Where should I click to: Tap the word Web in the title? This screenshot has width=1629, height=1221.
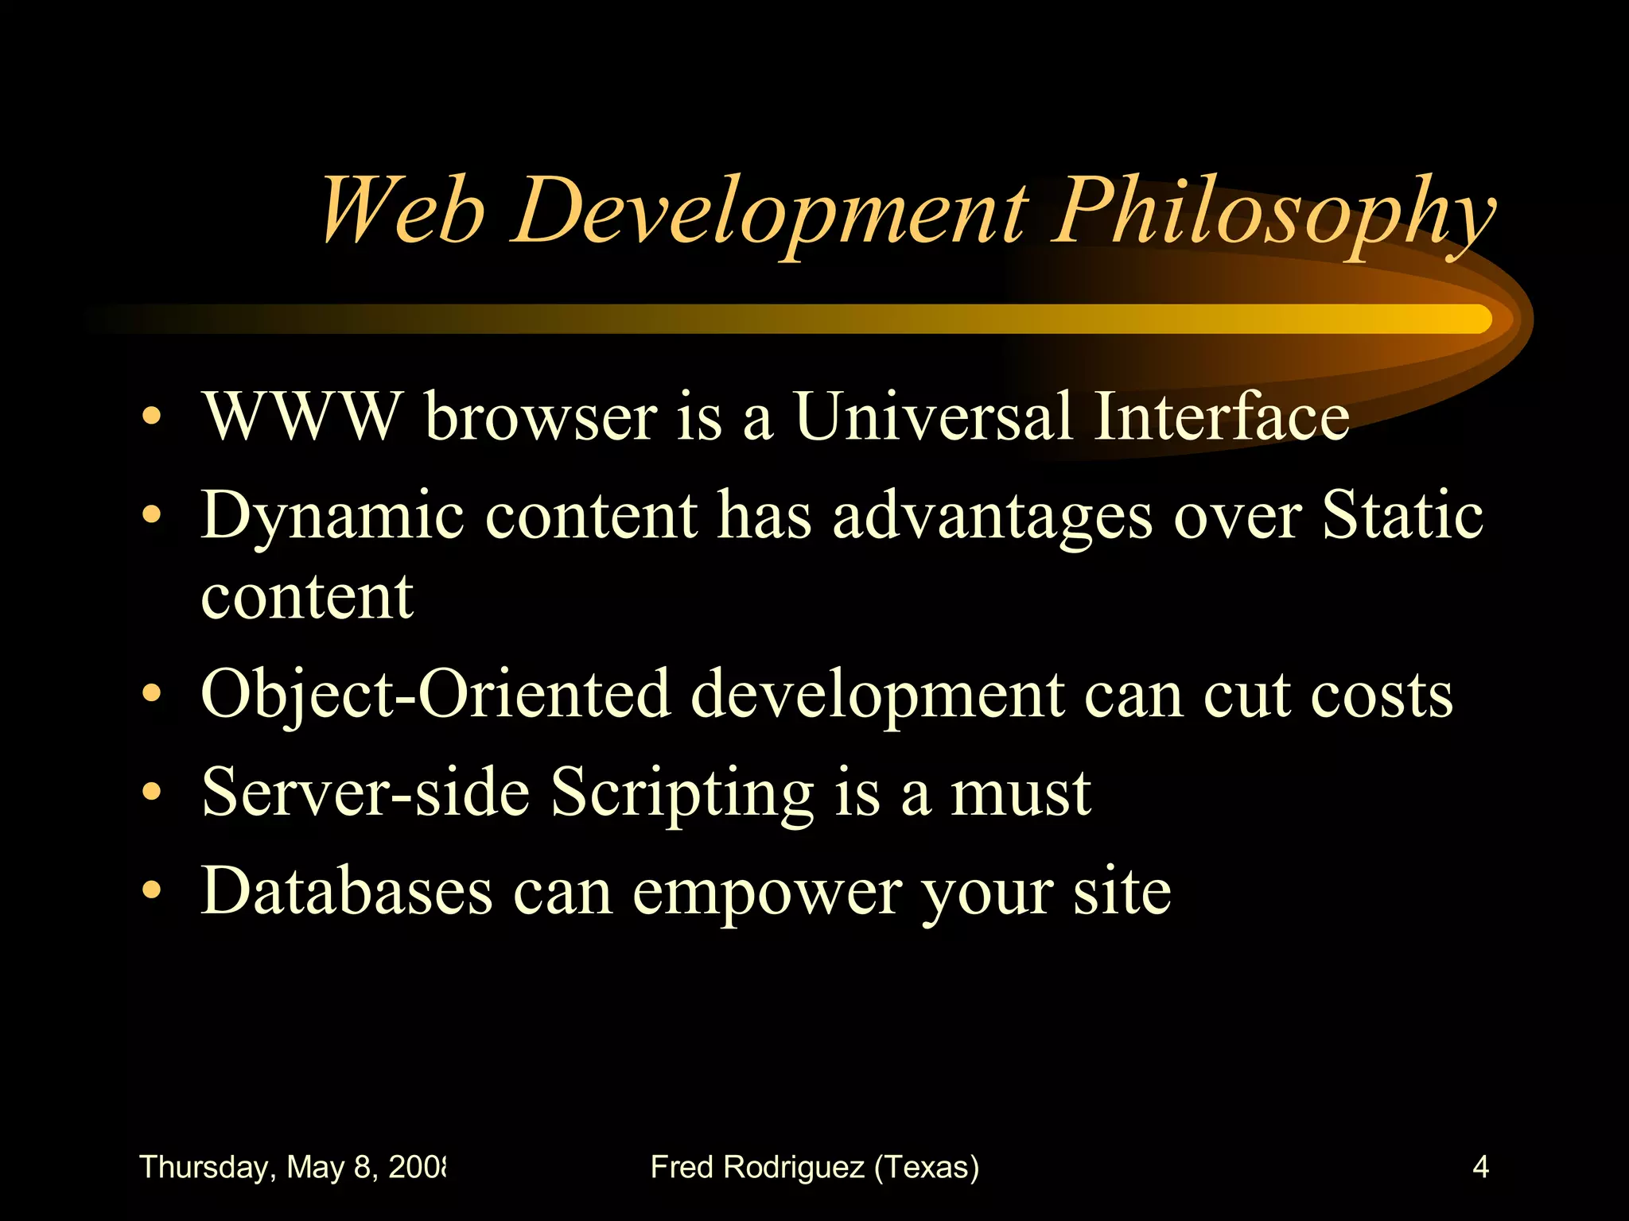coord(402,211)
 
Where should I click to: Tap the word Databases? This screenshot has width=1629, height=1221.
coord(347,890)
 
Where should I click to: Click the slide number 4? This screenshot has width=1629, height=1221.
coord(1480,1167)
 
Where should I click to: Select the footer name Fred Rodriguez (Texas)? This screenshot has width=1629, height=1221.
coord(814,1167)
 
